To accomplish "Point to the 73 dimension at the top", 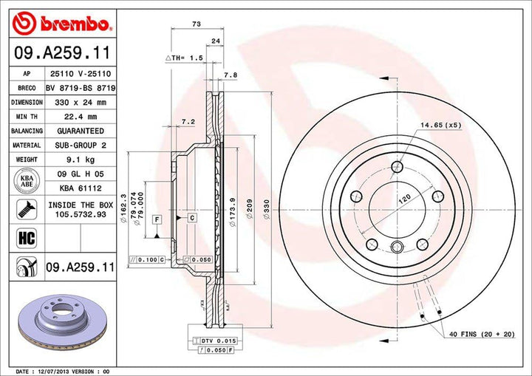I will pyautogui.click(x=196, y=24).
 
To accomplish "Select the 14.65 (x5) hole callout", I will pyautogui.click(x=440, y=125).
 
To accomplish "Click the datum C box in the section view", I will pyautogui.click(x=191, y=217).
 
